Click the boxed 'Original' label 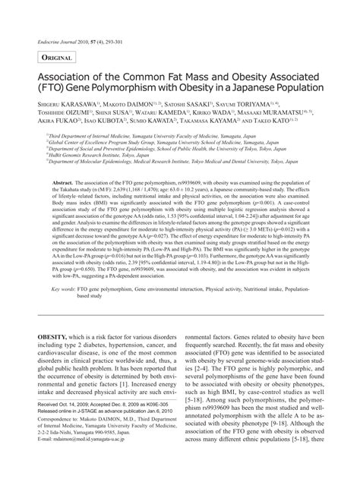pyautogui.click(x=55, y=58)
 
